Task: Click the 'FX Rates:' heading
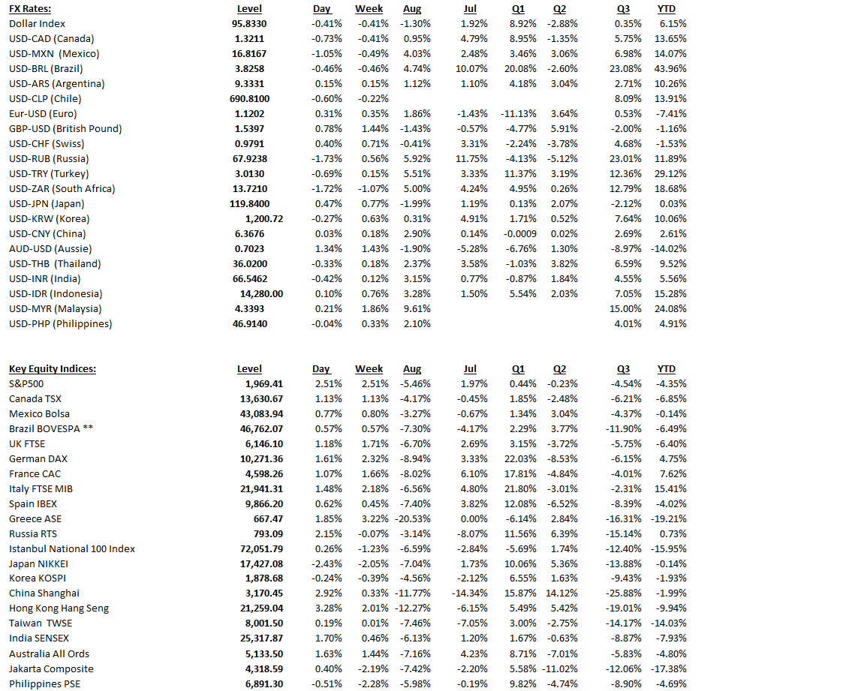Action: [31, 8]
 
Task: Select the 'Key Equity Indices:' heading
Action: [53, 368]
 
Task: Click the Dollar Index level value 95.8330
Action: [249, 23]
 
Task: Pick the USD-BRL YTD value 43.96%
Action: [671, 68]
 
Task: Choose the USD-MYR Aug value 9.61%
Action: [417, 308]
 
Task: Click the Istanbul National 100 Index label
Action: [72, 548]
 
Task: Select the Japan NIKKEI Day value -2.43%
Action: [327, 563]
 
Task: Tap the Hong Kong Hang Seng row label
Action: [59, 608]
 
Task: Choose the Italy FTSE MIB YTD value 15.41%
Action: [671, 488]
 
